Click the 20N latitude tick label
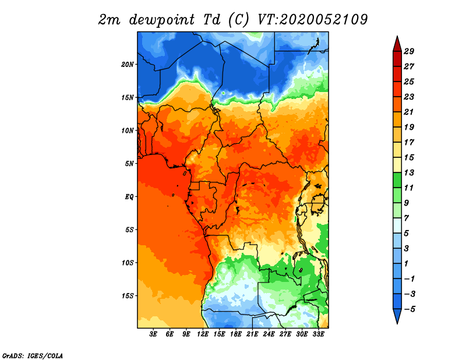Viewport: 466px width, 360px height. (x=128, y=65)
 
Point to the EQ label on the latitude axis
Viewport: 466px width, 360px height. (x=129, y=197)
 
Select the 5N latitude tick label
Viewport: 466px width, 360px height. (x=129, y=164)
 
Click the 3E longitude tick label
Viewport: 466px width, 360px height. (x=153, y=334)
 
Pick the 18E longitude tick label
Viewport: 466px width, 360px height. (x=236, y=334)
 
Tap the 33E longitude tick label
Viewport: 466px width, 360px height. (x=318, y=334)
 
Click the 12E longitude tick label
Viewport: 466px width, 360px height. (x=203, y=334)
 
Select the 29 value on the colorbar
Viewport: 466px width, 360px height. (x=409, y=51)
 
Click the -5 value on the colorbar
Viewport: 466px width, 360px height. (x=409, y=309)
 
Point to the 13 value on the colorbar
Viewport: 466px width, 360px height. (x=409, y=172)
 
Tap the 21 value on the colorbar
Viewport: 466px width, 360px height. (x=409, y=112)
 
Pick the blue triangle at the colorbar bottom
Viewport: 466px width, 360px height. (x=397, y=315)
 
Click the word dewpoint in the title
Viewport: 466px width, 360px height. (x=162, y=20)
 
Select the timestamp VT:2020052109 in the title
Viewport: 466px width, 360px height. (x=313, y=20)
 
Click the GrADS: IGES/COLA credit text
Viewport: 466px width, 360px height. (x=33, y=356)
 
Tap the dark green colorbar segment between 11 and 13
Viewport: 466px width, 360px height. (x=397, y=180)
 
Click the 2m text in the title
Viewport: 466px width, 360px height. (x=110, y=20)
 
